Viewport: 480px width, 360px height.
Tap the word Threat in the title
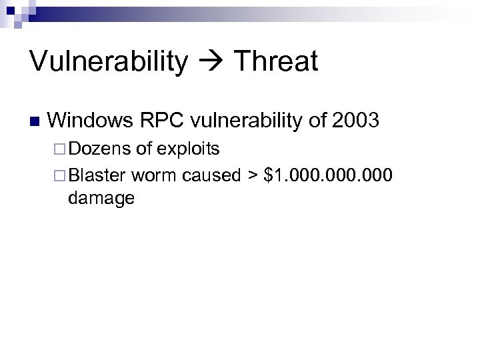[275, 61]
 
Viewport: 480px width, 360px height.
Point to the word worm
[153, 175]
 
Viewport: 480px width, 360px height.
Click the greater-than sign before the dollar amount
[253, 175]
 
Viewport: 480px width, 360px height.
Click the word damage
[101, 197]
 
